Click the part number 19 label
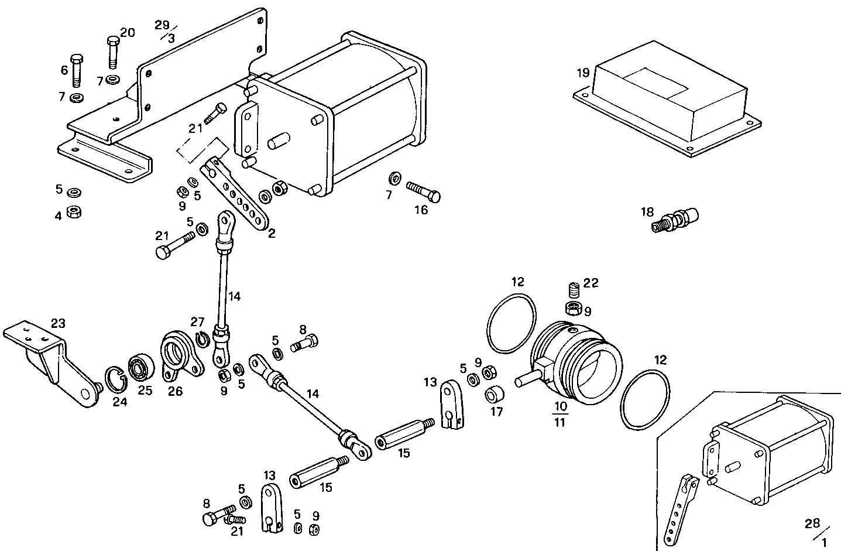click(x=582, y=73)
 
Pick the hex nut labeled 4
click(x=74, y=211)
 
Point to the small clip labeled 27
click(x=202, y=339)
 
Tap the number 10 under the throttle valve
click(x=560, y=406)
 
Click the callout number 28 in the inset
click(x=811, y=523)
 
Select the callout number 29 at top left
click(x=162, y=25)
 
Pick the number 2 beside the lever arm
click(x=272, y=233)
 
